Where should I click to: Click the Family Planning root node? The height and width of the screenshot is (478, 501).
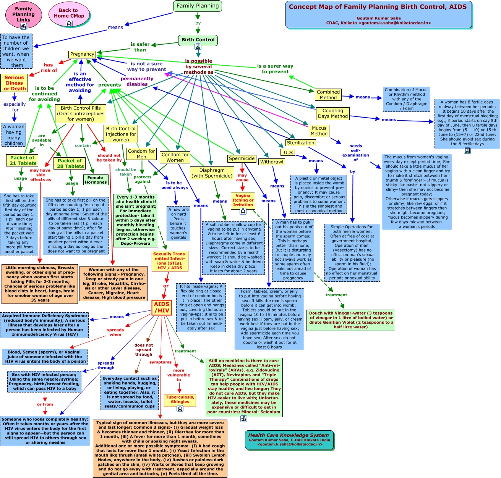coord(198,6)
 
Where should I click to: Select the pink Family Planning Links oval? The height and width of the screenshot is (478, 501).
coord(23,15)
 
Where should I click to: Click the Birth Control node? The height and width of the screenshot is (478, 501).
coord(198,40)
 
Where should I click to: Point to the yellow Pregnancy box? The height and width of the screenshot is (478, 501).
coord(82,54)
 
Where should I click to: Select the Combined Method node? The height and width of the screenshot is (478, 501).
coord(328,95)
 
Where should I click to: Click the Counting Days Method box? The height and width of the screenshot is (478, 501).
coord(332,113)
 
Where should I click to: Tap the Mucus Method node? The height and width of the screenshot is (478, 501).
coord(319,131)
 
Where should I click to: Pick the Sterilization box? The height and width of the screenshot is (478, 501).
coord(300,143)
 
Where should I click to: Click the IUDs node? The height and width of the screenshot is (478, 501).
coord(288,153)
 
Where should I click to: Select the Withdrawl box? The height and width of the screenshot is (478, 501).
coord(272,162)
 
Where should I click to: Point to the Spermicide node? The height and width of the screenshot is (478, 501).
coord(242,158)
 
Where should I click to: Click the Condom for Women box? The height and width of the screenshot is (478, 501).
coord(175,157)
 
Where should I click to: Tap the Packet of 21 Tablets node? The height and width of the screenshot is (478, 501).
coord(22,160)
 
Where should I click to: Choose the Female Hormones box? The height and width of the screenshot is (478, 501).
coord(96,180)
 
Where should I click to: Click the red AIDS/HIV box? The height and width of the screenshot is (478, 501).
coord(161,307)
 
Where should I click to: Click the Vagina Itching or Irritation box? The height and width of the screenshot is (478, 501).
coord(243,200)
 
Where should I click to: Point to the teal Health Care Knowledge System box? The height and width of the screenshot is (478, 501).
coord(289,440)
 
